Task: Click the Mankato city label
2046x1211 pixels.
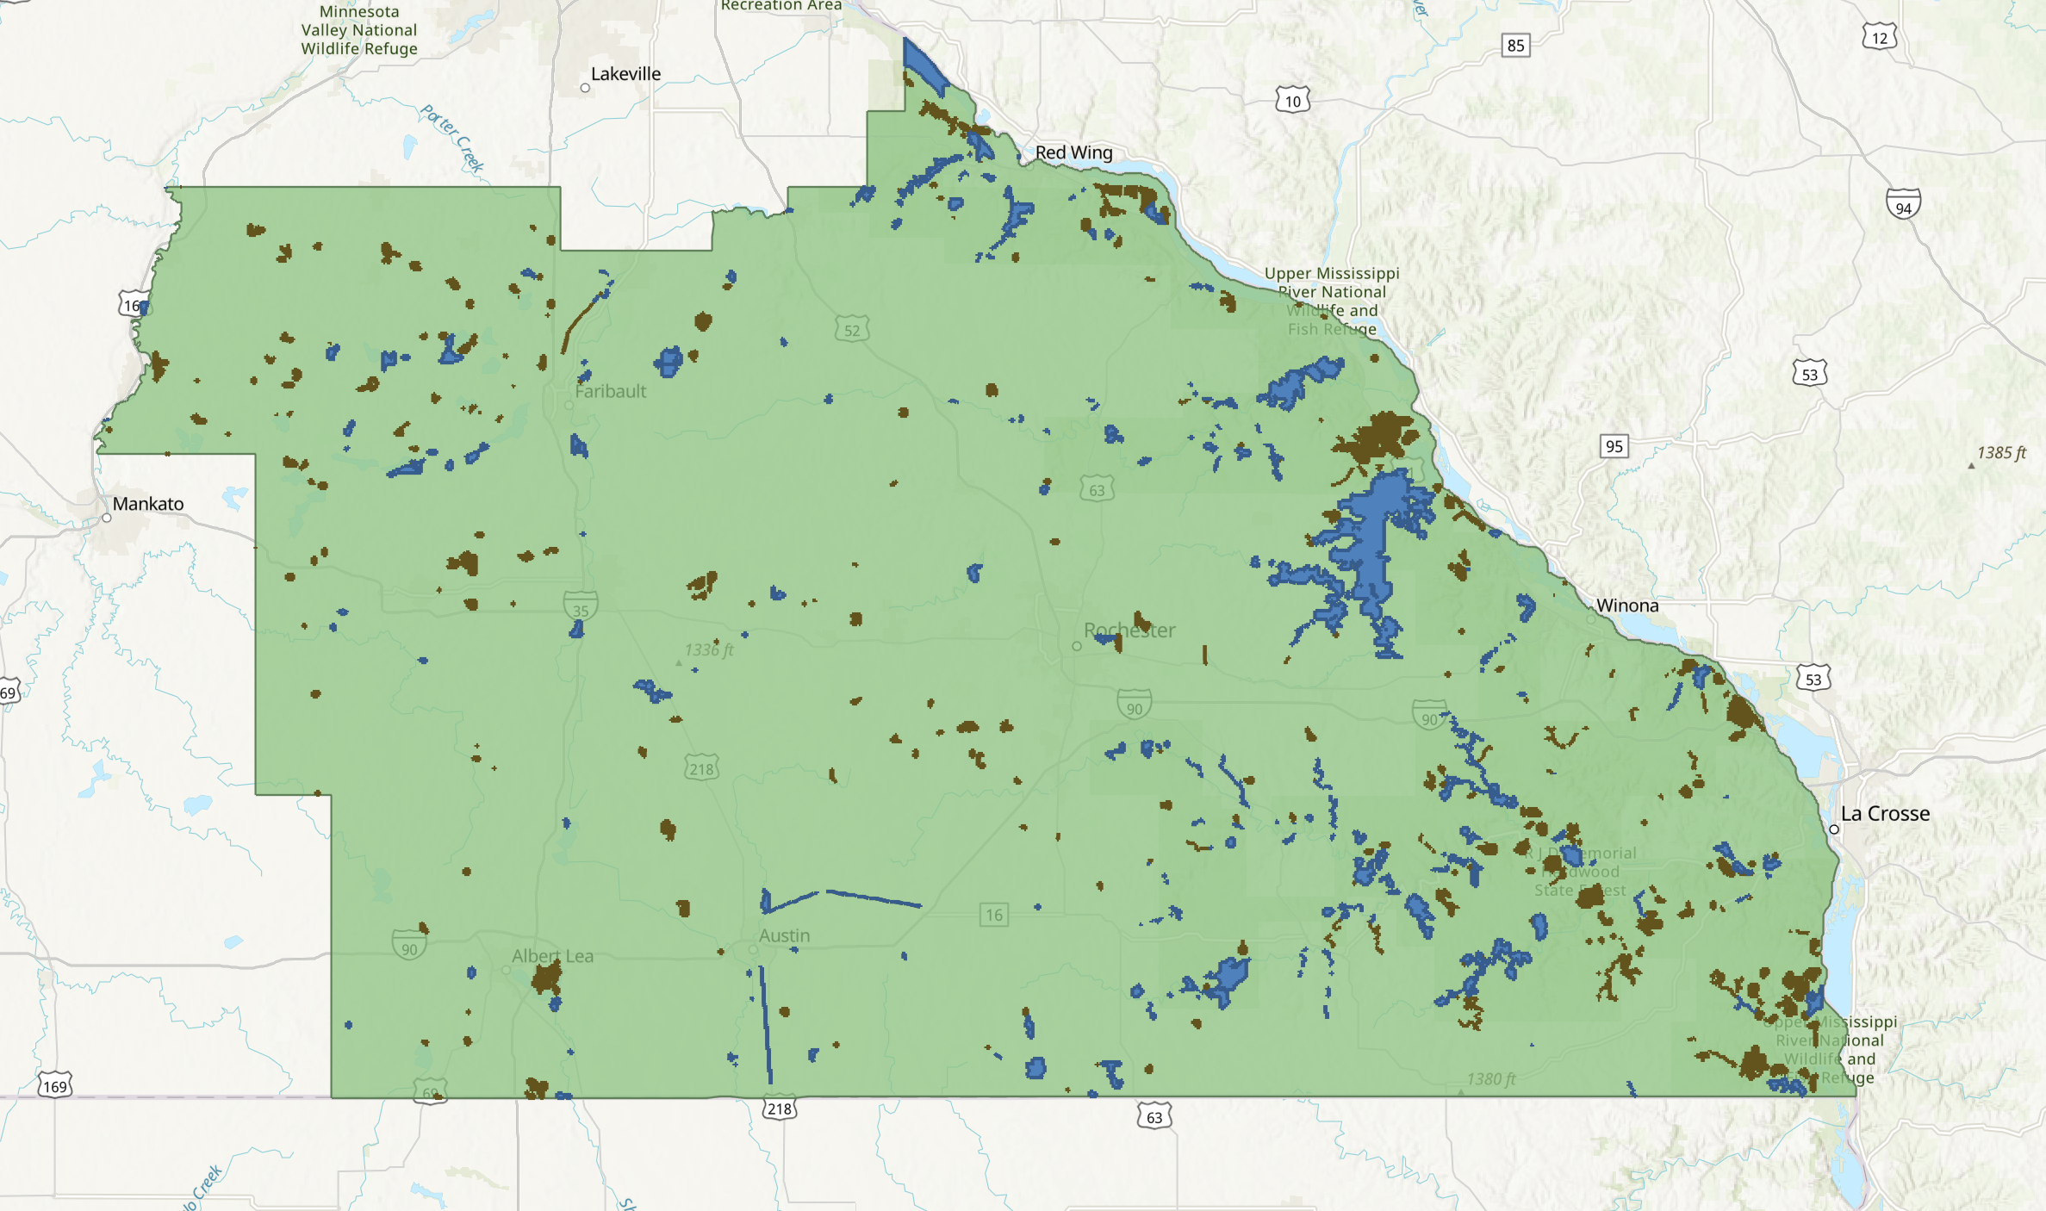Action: point(148,504)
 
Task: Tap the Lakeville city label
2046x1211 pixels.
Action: point(625,74)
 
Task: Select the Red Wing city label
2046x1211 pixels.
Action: point(1073,152)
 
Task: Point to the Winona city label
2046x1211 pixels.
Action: point(1626,605)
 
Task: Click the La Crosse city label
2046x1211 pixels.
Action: point(1885,814)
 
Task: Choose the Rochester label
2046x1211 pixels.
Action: point(1129,630)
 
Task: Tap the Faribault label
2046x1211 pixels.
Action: point(610,391)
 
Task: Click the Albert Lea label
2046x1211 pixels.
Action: point(552,956)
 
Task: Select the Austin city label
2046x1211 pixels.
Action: point(784,935)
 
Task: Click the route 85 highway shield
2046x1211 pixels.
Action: point(1515,46)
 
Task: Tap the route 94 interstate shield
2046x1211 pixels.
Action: point(1903,205)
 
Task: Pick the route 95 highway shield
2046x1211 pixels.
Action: point(1614,446)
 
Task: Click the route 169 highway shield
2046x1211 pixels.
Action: point(54,1086)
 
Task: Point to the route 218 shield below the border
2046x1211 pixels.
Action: point(779,1109)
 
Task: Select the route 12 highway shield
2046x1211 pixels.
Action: point(1879,38)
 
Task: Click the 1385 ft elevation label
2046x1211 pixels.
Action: point(2000,453)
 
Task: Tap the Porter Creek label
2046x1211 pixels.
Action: point(453,138)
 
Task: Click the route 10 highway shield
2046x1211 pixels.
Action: point(1292,101)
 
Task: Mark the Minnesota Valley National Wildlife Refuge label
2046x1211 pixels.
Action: point(359,30)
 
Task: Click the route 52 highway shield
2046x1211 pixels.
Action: point(851,330)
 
